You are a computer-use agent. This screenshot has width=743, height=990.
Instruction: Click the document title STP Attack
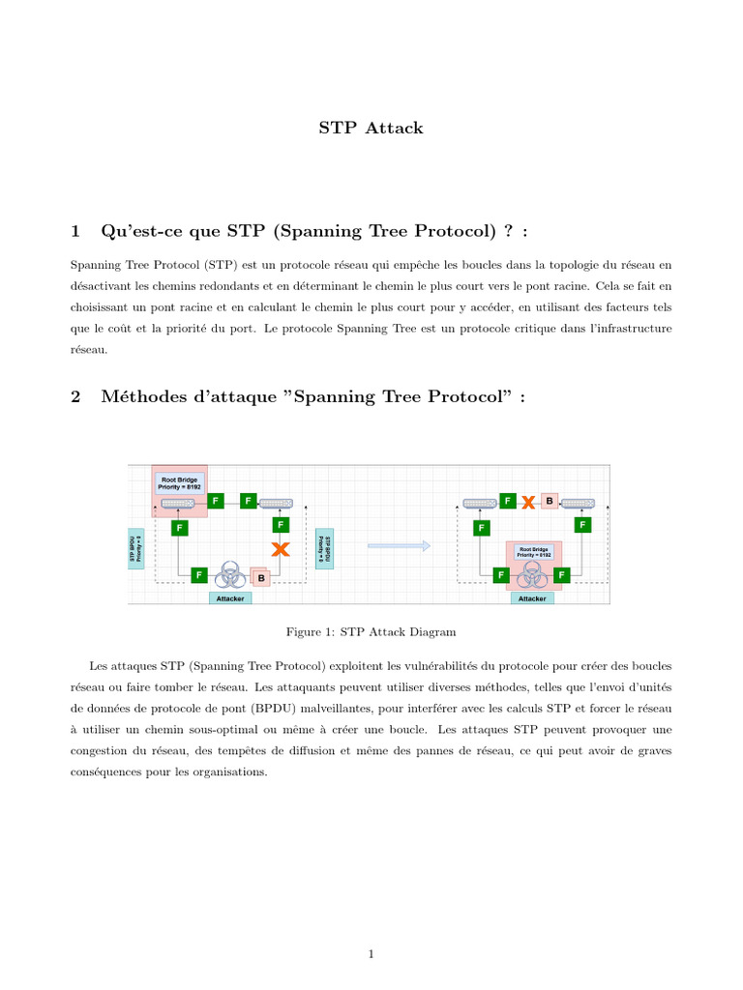(371, 128)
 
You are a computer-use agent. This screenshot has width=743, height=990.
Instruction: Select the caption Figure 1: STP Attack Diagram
(371, 631)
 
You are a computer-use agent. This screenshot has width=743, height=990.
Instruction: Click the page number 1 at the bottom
(371, 954)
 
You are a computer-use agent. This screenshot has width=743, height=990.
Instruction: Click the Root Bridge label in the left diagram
(181, 481)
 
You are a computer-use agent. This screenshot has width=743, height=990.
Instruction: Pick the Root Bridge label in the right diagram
(535, 552)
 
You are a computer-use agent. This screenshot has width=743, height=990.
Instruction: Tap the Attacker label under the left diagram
(229, 598)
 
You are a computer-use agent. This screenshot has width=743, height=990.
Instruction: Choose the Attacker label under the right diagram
(532, 598)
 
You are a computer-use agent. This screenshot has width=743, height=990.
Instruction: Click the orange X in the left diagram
(281, 549)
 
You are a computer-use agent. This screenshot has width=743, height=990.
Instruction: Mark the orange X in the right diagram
(528, 502)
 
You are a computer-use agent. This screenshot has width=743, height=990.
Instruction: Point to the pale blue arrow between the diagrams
(399, 546)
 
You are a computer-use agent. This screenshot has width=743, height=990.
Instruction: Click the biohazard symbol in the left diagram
(229, 574)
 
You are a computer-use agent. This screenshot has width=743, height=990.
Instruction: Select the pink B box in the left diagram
(261, 577)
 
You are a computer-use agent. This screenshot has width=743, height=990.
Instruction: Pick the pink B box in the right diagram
(550, 501)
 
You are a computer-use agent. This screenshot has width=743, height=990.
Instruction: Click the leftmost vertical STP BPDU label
(136, 548)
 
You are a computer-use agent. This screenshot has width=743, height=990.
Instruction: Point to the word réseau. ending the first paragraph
(89, 351)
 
